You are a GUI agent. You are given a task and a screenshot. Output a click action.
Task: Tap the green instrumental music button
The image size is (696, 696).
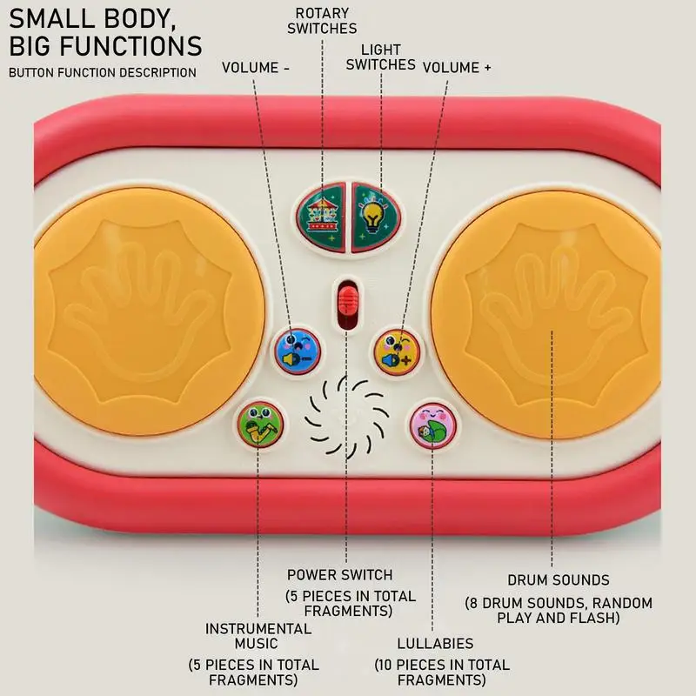tap(260, 425)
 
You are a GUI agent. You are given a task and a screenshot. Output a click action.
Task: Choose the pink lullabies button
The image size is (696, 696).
tap(432, 425)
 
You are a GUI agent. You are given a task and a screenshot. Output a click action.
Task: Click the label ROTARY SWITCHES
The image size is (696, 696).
tap(322, 21)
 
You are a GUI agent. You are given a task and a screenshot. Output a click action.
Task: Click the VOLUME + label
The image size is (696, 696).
tap(458, 67)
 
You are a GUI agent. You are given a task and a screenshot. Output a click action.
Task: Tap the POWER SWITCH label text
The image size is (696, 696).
tap(339, 575)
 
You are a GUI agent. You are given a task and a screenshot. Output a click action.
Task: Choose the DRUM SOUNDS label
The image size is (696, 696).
tap(558, 580)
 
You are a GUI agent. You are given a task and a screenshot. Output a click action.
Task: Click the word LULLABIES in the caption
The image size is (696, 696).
tap(435, 644)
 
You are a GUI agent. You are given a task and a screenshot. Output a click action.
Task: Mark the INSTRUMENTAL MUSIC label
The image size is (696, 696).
tap(258, 636)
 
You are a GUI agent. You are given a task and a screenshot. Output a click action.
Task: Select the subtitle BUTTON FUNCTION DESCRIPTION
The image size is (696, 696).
tap(103, 72)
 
